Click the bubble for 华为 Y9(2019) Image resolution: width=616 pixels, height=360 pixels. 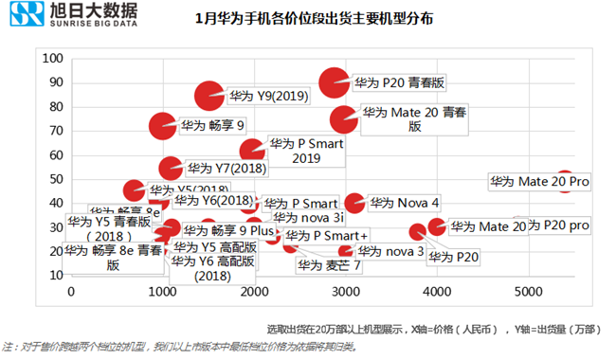tap(210, 96)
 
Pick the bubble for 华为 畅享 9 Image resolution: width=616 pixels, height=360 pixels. tap(163, 125)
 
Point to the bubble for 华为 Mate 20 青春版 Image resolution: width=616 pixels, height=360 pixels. tap(345, 118)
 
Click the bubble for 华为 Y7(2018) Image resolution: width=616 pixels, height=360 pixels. tap(171, 168)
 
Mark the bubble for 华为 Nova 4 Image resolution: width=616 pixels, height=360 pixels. tap(354, 203)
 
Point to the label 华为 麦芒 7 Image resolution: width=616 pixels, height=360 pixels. tap(329, 265)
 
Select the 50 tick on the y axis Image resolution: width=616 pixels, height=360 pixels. tap(54, 179)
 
